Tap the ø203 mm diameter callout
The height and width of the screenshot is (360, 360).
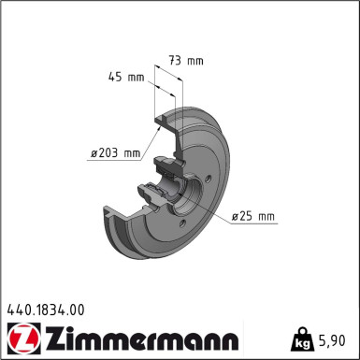tap(114, 152)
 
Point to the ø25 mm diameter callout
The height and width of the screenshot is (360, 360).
tap(253, 217)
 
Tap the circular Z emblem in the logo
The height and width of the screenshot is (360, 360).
tap(21, 336)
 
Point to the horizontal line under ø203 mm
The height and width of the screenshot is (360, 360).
tap(114, 161)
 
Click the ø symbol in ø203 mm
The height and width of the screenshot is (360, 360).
tap(94, 152)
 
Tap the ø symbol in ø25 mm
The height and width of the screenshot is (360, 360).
tap(236, 217)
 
